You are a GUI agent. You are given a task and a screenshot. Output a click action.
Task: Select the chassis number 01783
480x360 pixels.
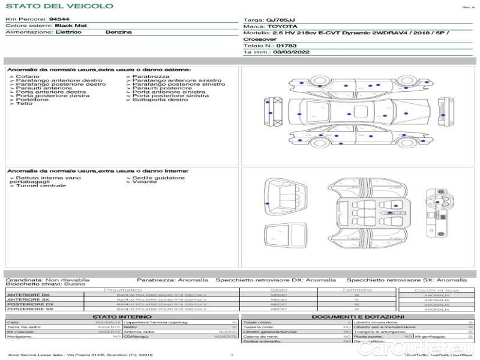[287, 46]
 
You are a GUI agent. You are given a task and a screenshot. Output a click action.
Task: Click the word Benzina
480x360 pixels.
[118, 32]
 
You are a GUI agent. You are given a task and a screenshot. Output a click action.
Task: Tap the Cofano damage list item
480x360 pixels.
[28, 77]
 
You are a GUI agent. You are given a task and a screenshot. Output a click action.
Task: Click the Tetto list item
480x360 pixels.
[24, 104]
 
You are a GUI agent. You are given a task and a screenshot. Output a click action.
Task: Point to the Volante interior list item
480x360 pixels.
[145, 182]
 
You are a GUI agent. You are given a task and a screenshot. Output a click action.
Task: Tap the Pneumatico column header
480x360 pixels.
[139, 290]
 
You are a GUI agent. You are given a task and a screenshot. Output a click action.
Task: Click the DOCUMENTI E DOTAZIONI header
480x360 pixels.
[358, 316]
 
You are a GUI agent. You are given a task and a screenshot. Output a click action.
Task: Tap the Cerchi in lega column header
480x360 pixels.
[436, 290]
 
